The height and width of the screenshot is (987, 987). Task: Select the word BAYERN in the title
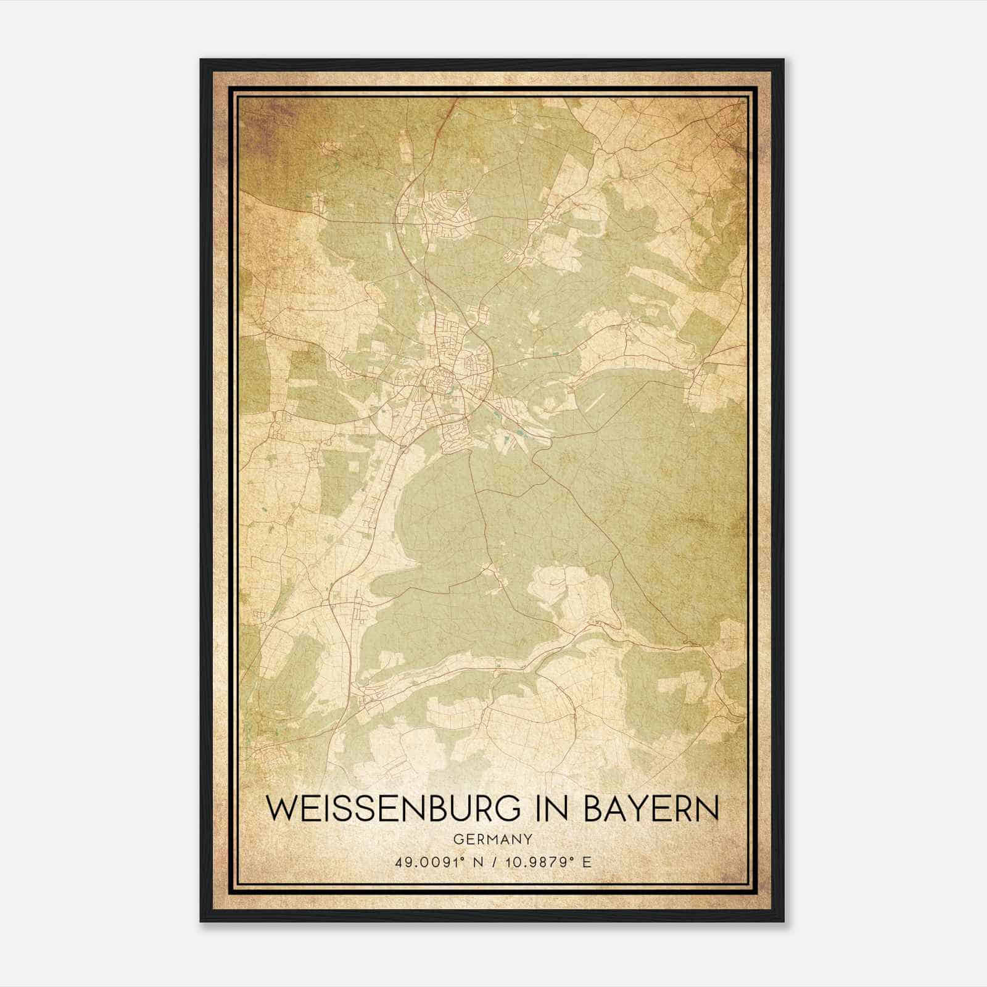click(x=651, y=809)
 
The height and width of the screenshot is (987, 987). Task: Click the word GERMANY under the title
click(x=492, y=839)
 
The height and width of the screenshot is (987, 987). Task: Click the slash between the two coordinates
click(x=490, y=862)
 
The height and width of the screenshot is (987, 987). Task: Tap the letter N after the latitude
click(x=474, y=862)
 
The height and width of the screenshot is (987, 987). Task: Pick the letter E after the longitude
click(x=587, y=862)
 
